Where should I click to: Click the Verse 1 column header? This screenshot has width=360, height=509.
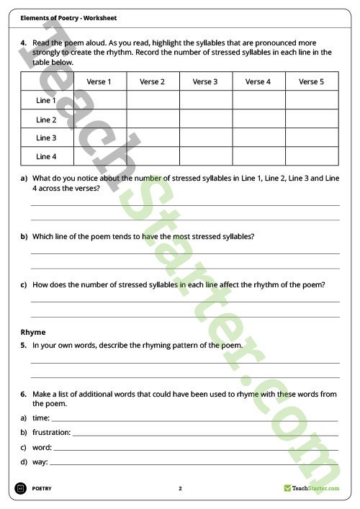point(99,82)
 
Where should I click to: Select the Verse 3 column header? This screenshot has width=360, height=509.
point(205,82)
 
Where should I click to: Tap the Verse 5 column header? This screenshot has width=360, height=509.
point(311,82)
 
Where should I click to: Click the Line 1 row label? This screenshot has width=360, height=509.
point(46,101)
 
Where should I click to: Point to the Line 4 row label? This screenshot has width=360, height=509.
point(46,156)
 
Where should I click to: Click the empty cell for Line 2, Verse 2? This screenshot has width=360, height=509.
point(153,120)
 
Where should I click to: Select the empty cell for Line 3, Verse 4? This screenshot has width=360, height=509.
point(258,138)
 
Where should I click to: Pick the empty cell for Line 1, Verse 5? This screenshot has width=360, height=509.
point(311,101)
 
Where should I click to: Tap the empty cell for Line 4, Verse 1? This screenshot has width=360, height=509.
point(99,156)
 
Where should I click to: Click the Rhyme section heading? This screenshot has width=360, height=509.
point(33,332)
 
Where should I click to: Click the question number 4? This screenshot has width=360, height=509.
point(24,42)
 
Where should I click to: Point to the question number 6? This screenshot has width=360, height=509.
point(24,394)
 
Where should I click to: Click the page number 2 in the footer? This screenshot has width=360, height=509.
point(180,488)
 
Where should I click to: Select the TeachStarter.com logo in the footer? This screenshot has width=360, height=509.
point(311,488)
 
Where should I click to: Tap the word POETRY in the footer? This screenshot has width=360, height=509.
point(42,488)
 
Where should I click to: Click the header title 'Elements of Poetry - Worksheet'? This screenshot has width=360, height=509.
point(69,17)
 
